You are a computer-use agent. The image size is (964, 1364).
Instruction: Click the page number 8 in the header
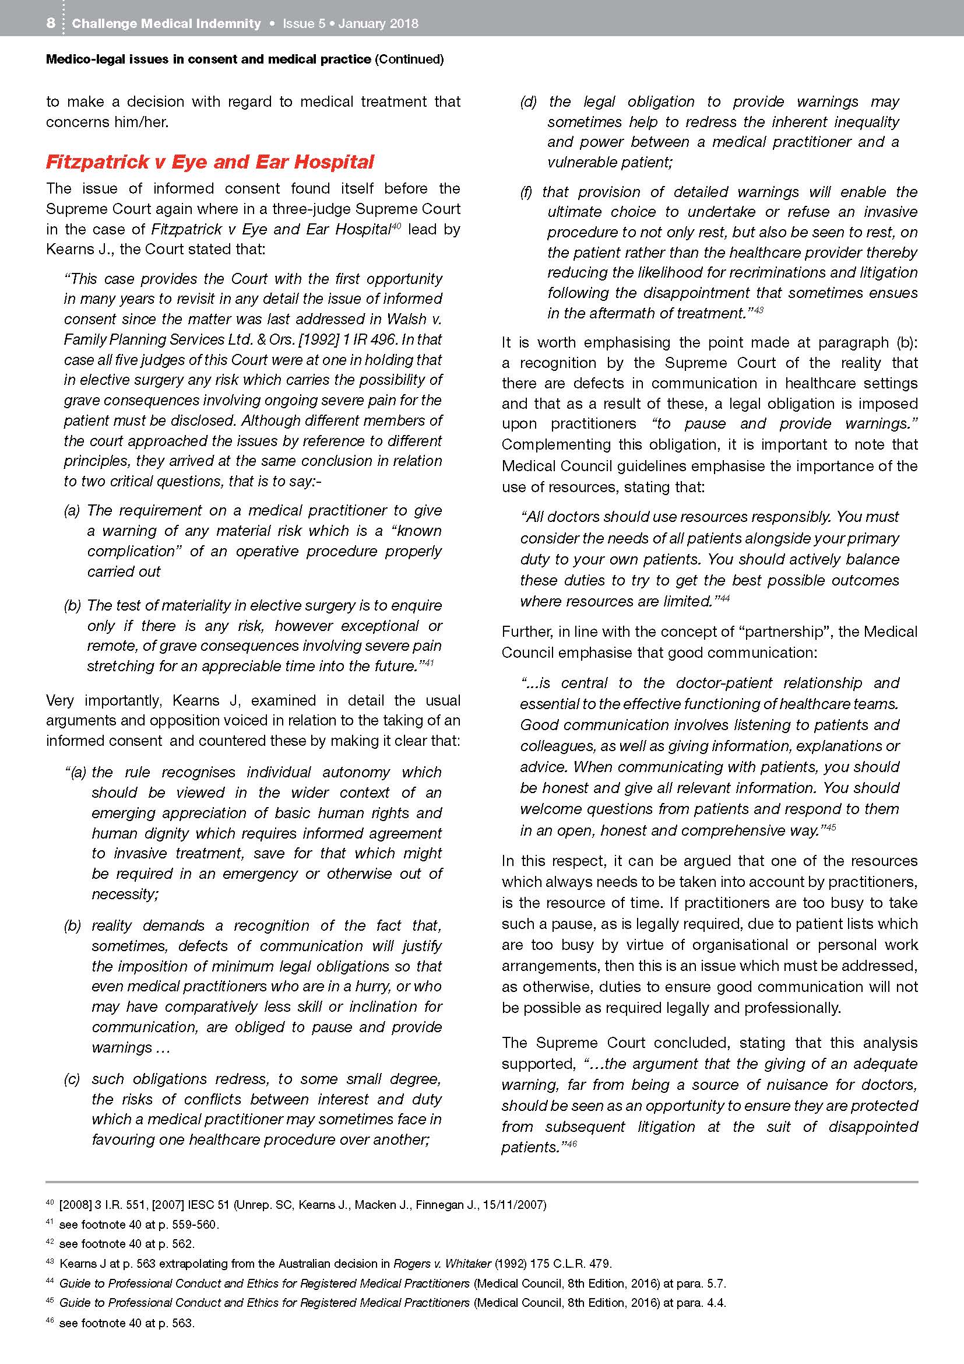(x=51, y=23)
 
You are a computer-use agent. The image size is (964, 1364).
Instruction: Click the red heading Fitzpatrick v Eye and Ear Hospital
(x=210, y=162)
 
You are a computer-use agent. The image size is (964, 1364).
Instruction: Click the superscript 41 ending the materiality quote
(x=430, y=662)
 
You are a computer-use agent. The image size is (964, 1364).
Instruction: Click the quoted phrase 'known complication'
(x=263, y=541)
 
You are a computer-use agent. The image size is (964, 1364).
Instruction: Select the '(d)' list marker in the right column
(x=529, y=101)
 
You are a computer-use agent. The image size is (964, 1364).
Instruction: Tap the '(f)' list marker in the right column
(x=526, y=192)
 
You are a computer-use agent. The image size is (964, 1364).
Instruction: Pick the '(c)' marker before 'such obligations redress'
(x=72, y=1079)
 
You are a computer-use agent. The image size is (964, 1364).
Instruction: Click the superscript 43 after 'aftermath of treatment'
(x=758, y=310)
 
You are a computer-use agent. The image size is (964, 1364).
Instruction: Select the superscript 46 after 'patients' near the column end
(x=572, y=1144)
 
